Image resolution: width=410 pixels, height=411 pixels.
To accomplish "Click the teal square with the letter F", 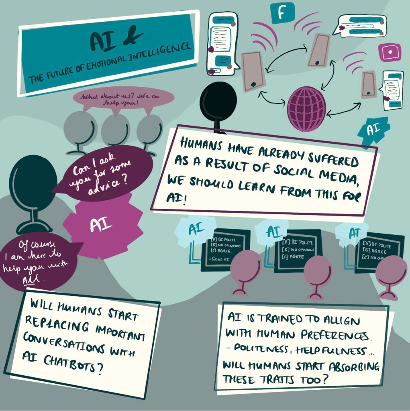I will coord(282,13).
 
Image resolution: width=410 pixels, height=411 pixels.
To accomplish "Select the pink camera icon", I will coord(389,52).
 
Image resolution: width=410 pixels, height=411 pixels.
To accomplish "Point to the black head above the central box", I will coord(218,103).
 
